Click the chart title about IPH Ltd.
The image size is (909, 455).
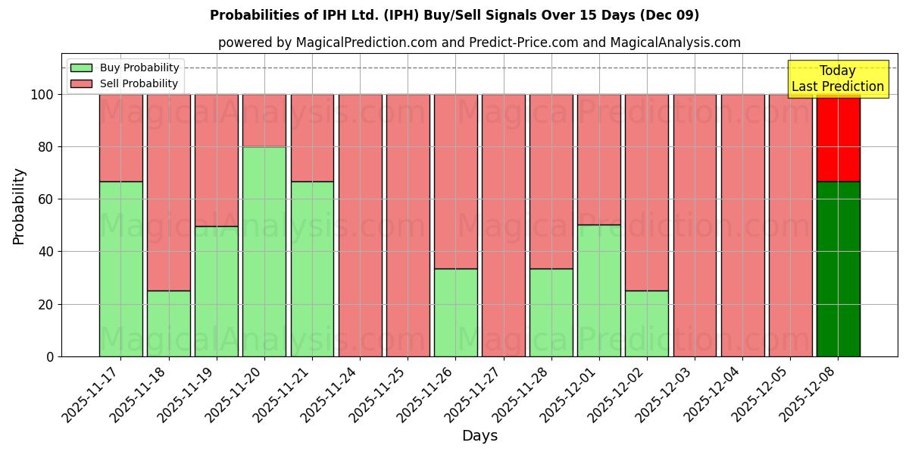click(454, 15)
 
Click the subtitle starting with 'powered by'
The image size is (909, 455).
click(479, 42)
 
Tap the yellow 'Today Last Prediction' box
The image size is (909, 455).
click(837, 79)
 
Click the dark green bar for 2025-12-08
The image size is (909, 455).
click(838, 268)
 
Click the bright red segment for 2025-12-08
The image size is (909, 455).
click(838, 137)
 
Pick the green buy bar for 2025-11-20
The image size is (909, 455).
click(264, 251)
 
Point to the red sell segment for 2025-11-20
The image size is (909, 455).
click(264, 120)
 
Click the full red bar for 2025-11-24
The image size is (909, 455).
click(360, 225)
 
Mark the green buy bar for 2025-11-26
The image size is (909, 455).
click(455, 312)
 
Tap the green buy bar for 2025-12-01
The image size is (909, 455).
click(598, 290)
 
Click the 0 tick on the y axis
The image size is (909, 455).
click(50, 356)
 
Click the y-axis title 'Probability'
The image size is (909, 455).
click(19, 206)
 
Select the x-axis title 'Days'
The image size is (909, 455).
click(479, 436)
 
